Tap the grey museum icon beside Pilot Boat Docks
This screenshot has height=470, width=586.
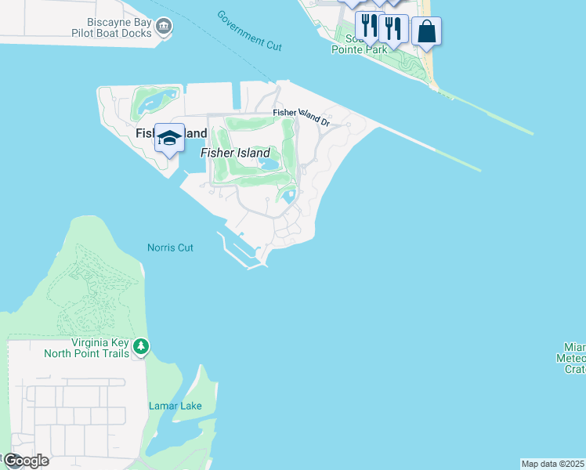pos(165,27)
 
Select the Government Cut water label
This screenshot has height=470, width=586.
pos(249,31)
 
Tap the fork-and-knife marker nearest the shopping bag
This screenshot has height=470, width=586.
pos(394,27)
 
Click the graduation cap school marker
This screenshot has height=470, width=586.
pos(170,139)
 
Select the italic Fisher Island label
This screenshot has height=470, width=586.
pos(235,153)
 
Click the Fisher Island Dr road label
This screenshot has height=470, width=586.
pos(302,117)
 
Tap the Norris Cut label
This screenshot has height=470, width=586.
pos(170,248)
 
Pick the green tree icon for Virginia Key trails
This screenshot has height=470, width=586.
pos(141,346)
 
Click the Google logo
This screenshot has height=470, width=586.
pos(25,461)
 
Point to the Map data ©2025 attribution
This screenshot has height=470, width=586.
pos(552,464)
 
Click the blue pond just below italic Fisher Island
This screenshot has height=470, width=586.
pos(269,165)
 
